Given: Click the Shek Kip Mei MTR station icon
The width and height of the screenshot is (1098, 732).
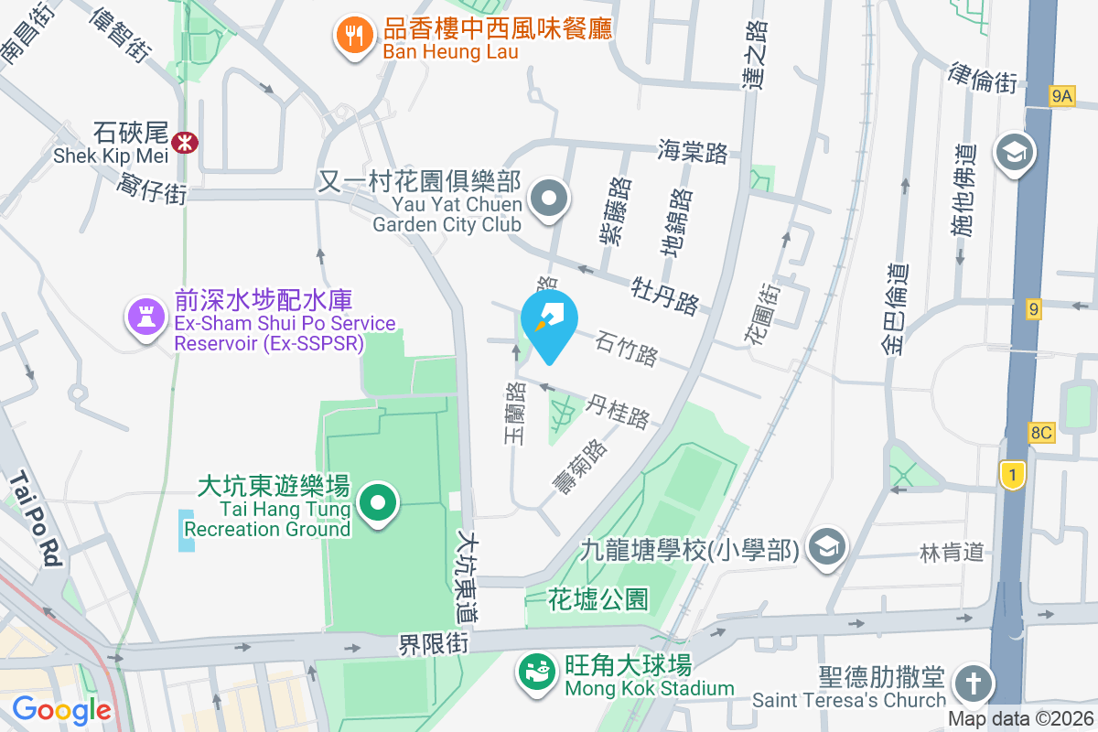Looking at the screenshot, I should (185, 141).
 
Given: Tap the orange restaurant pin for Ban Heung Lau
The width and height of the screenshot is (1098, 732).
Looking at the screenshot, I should (352, 36).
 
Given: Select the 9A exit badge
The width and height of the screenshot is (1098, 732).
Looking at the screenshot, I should (1061, 95).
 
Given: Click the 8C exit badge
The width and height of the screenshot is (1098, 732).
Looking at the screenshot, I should (1041, 433).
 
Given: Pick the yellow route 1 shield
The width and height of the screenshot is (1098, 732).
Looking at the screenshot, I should (1011, 474).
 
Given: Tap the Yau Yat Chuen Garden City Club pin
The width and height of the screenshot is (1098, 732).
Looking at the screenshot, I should (549, 198).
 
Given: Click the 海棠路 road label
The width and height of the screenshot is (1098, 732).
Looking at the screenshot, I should (693, 152).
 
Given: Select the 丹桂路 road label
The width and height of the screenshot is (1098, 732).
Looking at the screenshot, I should (619, 411).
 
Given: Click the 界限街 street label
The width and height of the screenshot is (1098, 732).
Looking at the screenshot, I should (434, 645).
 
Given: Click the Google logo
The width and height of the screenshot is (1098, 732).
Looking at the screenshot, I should (62, 709).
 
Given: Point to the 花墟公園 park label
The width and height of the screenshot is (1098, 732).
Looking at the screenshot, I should (598, 600).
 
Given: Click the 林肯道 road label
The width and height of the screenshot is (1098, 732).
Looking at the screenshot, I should (953, 552).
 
